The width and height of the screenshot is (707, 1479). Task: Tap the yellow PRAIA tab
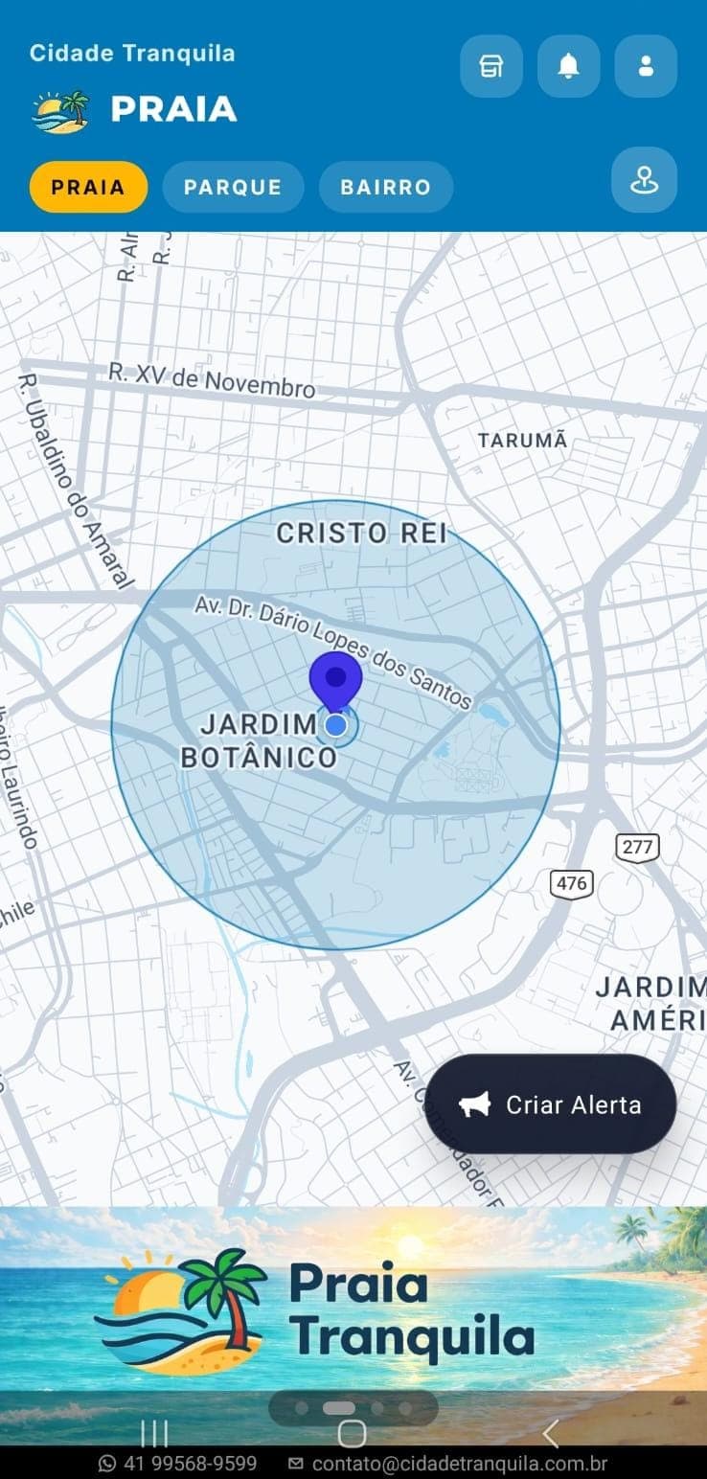tap(88, 187)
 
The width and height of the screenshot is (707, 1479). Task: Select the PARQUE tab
tap(233, 187)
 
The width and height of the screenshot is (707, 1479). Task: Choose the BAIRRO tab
tap(386, 187)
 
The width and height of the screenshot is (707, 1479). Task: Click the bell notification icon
tap(569, 66)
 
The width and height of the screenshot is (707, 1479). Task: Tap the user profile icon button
tap(646, 66)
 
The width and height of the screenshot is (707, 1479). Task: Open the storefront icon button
tap(491, 66)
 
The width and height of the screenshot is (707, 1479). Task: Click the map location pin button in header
tap(644, 179)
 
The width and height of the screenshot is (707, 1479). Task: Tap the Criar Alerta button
tap(551, 1104)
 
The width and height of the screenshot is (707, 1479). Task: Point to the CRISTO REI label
tap(362, 534)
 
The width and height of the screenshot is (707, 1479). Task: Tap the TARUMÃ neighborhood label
tap(523, 441)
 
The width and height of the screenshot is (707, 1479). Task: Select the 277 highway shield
tap(637, 847)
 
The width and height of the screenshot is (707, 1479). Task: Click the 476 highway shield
tap(571, 883)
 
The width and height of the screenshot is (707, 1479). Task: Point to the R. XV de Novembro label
tap(212, 380)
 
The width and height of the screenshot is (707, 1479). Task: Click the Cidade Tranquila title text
tap(132, 53)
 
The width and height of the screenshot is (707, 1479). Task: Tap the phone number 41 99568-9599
tap(179, 1464)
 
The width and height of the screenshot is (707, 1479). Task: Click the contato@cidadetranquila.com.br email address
tap(448, 1464)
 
